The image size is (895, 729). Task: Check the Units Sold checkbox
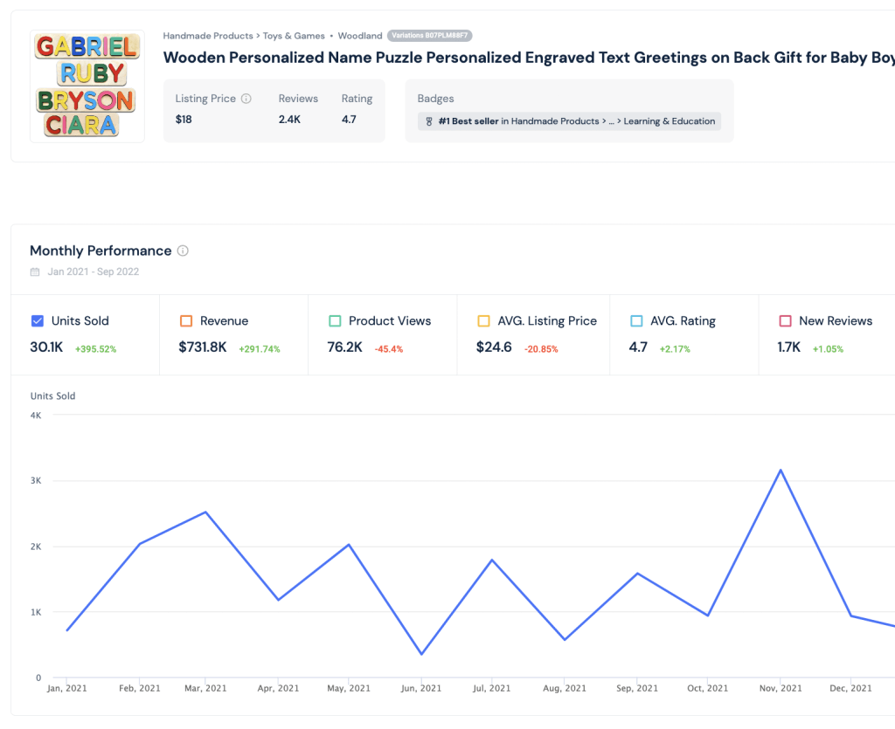pos(37,321)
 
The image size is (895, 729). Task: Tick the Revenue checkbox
pos(186,321)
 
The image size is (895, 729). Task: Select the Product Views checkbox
pos(335,321)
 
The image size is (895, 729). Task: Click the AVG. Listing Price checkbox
pos(483,321)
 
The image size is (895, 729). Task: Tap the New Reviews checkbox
pos(786,321)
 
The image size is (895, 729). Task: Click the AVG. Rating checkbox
pos(636,321)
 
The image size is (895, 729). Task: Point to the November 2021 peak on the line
pos(781,471)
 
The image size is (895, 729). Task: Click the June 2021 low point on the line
pos(421,654)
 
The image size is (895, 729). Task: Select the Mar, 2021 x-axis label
pos(205,688)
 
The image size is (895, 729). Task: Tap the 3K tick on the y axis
pos(36,480)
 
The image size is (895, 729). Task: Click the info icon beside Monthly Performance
pos(183,251)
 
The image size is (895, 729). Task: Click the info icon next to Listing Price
pos(246,99)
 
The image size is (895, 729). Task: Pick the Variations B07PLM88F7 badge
pos(429,35)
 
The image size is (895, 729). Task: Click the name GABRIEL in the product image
pos(87,47)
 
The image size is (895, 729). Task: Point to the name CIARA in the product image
pos(81,125)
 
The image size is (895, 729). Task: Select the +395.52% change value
pos(96,349)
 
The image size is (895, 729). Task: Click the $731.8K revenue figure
pos(203,347)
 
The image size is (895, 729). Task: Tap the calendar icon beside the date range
pos(35,272)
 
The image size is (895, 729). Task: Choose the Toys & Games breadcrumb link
pos(294,36)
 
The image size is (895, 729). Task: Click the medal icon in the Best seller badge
pos(429,121)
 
